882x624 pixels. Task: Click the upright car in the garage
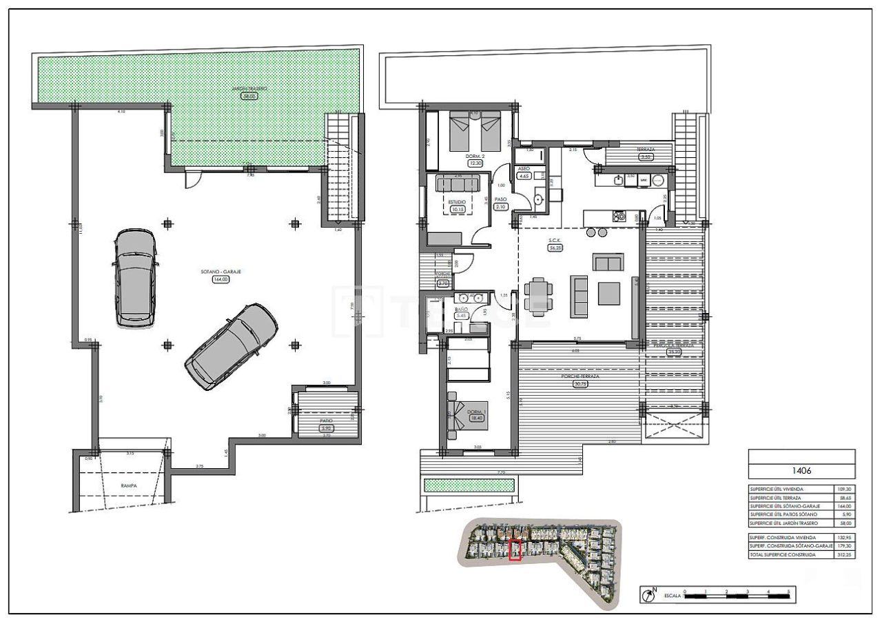pyautogui.click(x=136, y=277)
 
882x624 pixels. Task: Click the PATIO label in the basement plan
pyautogui.click(x=327, y=420)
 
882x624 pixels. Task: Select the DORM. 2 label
pyautogui.click(x=475, y=157)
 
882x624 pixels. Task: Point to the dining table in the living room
pyautogui.click(x=537, y=295)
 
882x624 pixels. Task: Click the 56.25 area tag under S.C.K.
pyautogui.click(x=555, y=248)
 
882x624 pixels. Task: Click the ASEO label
pyautogui.click(x=524, y=168)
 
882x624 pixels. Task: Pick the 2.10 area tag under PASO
pyautogui.click(x=501, y=206)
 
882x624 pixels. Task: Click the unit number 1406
pyautogui.click(x=801, y=471)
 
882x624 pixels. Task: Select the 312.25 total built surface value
pyautogui.click(x=841, y=554)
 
